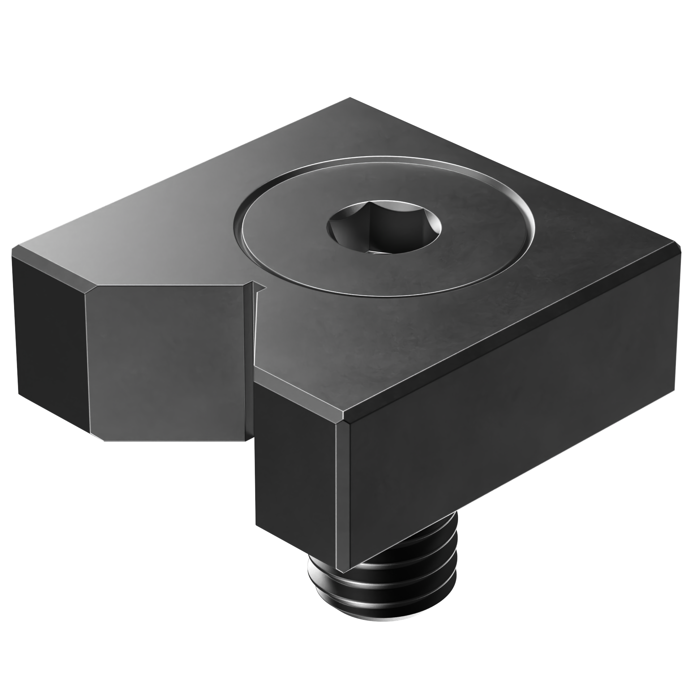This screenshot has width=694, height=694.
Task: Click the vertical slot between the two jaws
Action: click(x=252, y=361)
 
